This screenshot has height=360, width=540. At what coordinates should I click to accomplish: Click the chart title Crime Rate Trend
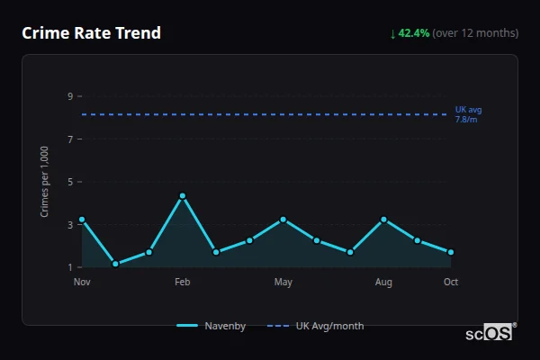[x=91, y=33]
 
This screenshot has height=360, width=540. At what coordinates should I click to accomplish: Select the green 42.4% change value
[x=413, y=33]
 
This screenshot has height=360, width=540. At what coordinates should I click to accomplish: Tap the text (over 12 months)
[x=475, y=33]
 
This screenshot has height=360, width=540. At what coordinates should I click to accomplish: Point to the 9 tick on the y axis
[x=69, y=96]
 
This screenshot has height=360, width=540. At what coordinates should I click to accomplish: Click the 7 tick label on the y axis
[x=69, y=139]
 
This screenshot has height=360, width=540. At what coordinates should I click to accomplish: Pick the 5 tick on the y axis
[x=69, y=182]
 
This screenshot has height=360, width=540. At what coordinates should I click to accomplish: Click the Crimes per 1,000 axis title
[x=45, y=182]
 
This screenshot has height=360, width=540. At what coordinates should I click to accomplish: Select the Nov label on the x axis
[x=82, y=283]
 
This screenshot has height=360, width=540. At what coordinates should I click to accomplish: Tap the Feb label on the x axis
[x=183, y=283]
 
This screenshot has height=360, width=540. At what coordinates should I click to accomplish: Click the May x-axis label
[x=283, y=283]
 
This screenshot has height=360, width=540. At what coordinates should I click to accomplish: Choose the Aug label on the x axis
[x=384, y=283]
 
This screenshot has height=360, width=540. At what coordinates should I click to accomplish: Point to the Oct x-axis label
[x=451, y=283]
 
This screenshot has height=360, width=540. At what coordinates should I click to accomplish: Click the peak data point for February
[x=183, y=195]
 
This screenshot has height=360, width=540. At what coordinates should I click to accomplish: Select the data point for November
[x=82, y=220]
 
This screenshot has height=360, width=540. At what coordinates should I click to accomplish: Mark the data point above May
[x=283, y=220]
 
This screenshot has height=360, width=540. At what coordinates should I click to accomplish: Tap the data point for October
[x=451, y=252]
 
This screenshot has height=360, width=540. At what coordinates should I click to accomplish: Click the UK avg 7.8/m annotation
[x=468, y=114]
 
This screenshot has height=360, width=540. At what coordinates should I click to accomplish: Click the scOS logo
[x=489, y=333]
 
